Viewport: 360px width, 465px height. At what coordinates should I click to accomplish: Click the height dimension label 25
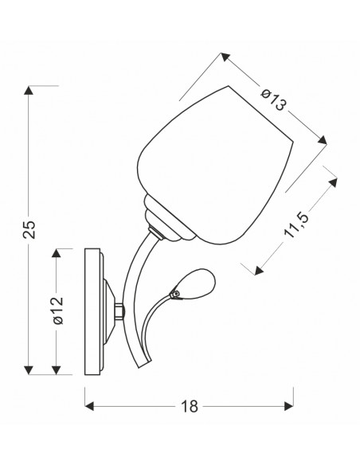click(x=29, y=229)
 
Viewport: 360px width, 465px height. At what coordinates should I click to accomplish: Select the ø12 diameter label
click(x=58, y=310)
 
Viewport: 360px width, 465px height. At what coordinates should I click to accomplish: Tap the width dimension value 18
click(x=190, y=406)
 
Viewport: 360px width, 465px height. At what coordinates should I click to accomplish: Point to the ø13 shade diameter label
click(x=274, y=100)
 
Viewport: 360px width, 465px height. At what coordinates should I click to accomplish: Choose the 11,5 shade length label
click(x=296, y=225)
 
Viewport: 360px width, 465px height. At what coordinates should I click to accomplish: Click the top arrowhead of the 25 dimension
click(x=29, y=90)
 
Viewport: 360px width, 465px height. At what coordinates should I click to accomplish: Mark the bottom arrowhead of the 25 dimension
click(x=29, y=370)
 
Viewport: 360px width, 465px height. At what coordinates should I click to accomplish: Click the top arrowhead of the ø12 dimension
click(x=56, y=253)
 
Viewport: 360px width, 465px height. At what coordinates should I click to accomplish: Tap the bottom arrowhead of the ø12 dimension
click(x=56, y=370)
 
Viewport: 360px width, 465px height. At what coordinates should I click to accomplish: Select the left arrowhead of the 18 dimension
click(x=89, y=406)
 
